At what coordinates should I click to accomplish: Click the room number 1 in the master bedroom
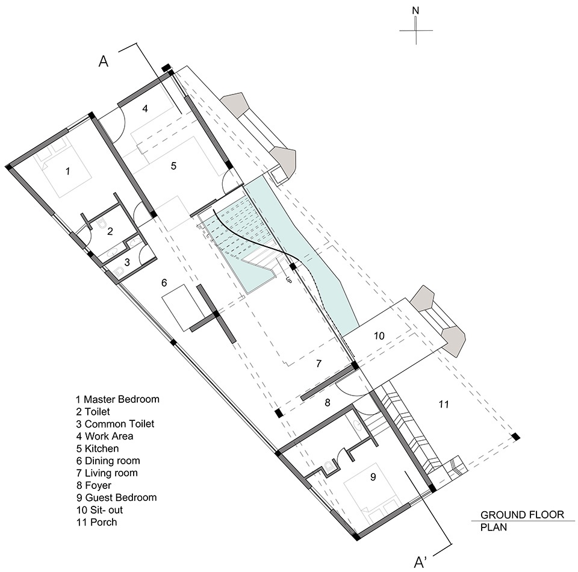pyautogui.click(x=68, y=171)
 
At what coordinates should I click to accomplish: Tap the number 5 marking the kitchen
pyautogui.click(x=173, y=166)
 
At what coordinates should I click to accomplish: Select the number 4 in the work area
pyautogui.click(x=145, y=108)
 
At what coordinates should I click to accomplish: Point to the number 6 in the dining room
pyautogui.click(x=164, y=282)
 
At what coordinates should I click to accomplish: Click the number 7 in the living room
pyautogui.click(x=319, y=364)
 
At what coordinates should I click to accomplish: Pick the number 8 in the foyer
pyautogui.click(x=328, y=403)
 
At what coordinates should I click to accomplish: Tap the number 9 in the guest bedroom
pyautogui.click(x=373, y=477)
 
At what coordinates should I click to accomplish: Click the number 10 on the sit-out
pyautogui.click(x=379, y=336)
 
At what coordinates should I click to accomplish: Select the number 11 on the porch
pyautogui.click(x=444, y=404)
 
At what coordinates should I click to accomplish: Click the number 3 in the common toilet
pyautogui.click(x=127, y=263)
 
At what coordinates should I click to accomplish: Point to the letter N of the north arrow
pyautogui.click(x=415, y=11)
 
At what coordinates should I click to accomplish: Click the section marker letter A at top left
pyautogui.click(x=104, y=61)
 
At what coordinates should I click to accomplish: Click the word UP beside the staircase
pyautogui.click(x=288, y=280)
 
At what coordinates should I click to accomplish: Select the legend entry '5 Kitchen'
pyautogui.click(x=98, y=449)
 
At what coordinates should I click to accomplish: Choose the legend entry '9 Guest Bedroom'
pyautogui.click(x=116, y=497)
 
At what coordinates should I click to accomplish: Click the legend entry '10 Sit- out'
pyautogui.click(x=99, y=510)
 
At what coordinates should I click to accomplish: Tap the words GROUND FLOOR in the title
pyautogui.click(x=522, y=515)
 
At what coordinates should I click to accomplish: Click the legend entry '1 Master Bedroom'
pyautogui.click(x=117, y=399)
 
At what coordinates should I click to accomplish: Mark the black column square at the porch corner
pyautogui.click(x=516, y=437)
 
